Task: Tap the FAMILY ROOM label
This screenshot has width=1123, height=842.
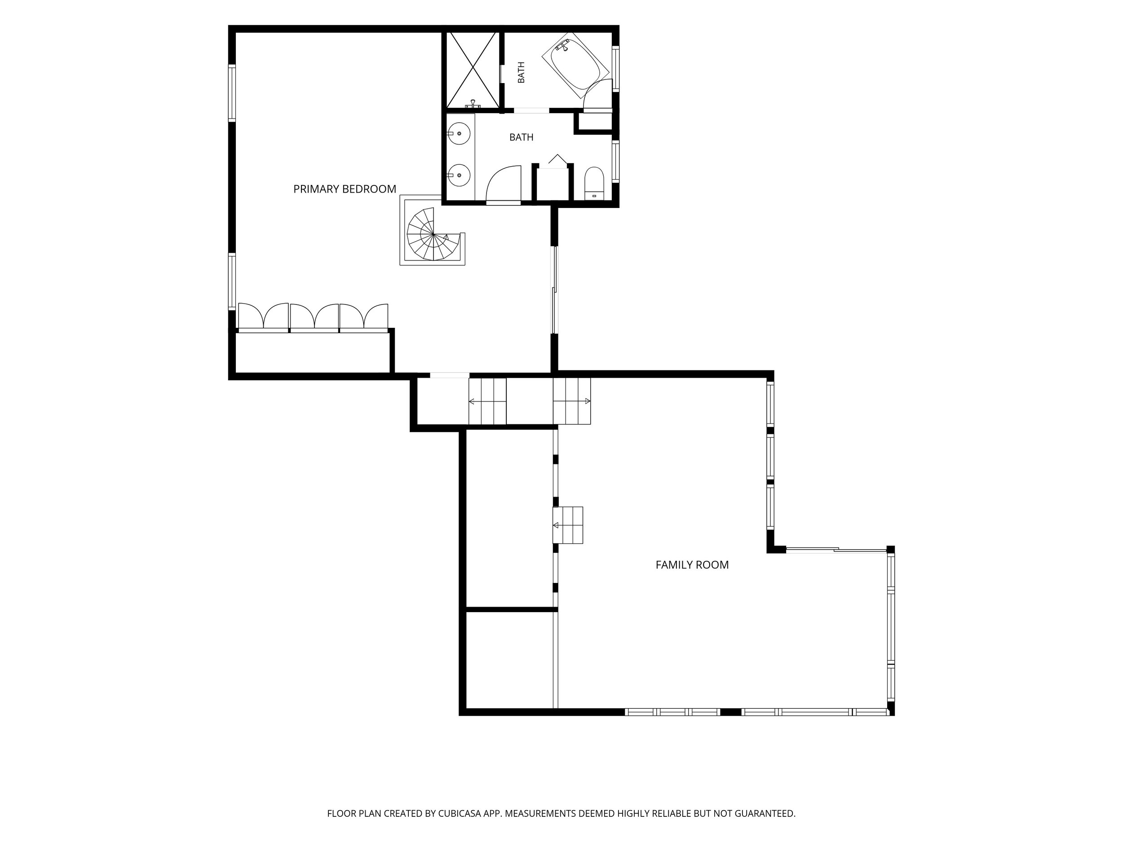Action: pos(692,565)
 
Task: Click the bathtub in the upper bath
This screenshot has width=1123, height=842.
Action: pos(575,69)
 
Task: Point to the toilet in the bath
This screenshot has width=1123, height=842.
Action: pos(594,183)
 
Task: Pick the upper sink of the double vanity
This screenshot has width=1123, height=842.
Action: pos(459,133)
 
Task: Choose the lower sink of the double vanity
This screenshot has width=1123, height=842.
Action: pos(459,175)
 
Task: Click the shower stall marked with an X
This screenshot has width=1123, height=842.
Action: pos(473,70)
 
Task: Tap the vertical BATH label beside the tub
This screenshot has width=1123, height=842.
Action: pos(522,73)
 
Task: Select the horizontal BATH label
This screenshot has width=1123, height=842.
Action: pos(522,137)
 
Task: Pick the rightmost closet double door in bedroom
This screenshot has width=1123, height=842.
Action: pos(363,317)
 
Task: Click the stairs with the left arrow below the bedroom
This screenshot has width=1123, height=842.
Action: pos(487,401)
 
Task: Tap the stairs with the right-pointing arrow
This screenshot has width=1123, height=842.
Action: pos(572,401)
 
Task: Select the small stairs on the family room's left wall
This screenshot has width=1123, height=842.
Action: pos(568,525)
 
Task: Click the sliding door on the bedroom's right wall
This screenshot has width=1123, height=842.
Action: pos(555,290)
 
